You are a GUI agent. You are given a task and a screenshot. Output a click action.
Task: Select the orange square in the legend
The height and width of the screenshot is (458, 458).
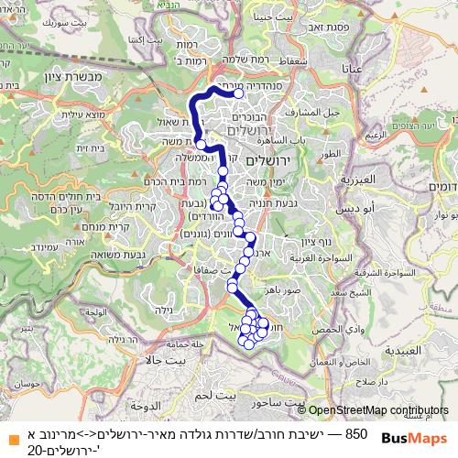click(9, 433)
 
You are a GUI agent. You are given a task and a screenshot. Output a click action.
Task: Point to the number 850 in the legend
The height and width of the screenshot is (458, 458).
click(357, 432)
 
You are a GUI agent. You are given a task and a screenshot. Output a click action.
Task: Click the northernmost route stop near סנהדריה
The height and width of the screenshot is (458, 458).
click(238, 93)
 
